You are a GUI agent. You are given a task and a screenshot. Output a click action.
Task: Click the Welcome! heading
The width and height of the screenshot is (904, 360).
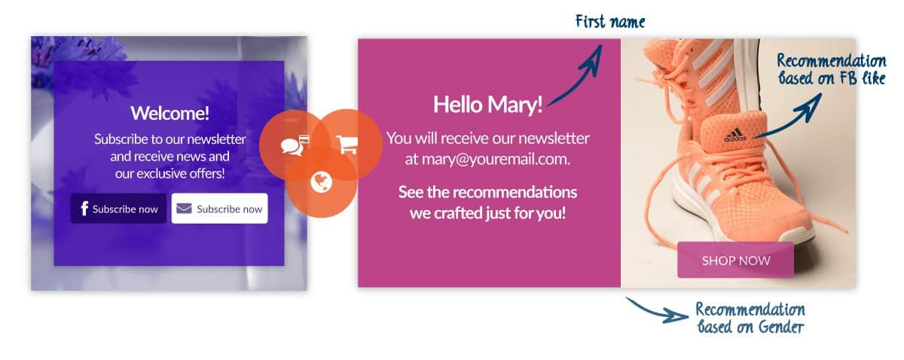coord(170,113)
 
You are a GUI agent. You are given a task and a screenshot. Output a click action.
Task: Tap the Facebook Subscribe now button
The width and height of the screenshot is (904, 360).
coord(118,209)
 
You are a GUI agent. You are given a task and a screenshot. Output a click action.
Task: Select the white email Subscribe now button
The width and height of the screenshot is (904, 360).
coord(219,209)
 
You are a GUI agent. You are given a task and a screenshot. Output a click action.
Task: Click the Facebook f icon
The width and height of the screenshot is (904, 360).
coord(84,209)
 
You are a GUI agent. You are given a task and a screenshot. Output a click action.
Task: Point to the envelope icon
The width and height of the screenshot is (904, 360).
coord(184,209)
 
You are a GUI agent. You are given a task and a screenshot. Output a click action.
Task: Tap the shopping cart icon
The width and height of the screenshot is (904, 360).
coord(347,145)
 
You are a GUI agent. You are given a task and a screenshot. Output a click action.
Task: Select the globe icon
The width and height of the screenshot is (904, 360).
coord(322,182)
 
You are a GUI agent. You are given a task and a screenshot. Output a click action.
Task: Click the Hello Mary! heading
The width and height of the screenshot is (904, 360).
coord(488,105)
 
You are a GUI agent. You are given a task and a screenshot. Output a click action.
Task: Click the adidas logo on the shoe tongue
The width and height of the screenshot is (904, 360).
coord(735,135)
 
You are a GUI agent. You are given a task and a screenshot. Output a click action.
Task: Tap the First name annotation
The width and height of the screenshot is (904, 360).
coord(610,21)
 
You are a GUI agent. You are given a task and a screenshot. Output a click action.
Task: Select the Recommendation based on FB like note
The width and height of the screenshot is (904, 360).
coord(832,69)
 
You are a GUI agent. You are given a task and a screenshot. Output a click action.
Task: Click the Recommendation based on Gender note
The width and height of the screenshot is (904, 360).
coord(750,318)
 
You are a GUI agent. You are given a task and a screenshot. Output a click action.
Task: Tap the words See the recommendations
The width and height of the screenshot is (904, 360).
coord(487,192)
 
